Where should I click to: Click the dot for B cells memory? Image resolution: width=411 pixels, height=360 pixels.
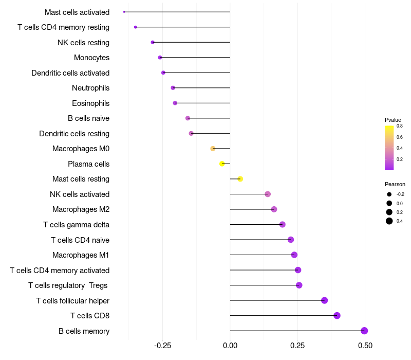click(x=364, y=331)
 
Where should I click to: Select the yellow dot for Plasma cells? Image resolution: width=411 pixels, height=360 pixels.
click(x=222, y=164)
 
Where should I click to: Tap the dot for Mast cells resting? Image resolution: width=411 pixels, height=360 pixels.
click(x=240, y=179)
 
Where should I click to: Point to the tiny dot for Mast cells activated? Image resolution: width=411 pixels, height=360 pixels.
click(x=124, y=12)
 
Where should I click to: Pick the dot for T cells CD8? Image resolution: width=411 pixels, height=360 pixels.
click(x=337, y=316)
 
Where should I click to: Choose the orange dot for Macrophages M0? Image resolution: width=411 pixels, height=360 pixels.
click(x=213, y=149)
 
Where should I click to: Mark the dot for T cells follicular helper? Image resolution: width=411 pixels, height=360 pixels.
click(x=324, y=300)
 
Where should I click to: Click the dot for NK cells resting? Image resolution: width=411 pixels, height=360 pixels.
click(x=153, y=42)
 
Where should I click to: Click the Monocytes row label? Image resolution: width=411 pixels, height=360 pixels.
click(x=91, y=58)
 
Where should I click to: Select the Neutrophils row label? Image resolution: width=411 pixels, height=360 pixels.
click(x=90, y=88)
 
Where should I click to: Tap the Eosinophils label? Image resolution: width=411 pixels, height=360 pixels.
click(x=90, y=103)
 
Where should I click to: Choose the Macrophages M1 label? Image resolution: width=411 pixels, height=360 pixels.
click(x=81, y=255)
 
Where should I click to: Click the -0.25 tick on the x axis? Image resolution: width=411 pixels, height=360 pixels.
click(x=162, y=345)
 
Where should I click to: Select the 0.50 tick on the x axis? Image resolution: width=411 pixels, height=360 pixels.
click(x=365, y=345)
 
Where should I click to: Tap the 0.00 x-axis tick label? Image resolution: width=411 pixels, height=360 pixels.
click(x=230, y=345)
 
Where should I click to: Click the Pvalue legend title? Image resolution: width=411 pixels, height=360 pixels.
click(x=393, y=120)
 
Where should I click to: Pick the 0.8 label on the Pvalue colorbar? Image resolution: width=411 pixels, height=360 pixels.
click(x=399, y=125)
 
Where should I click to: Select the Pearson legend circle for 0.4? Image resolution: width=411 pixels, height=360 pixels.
click(x=389, y=221)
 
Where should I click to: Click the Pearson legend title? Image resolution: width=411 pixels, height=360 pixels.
click(x=395, y=184)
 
